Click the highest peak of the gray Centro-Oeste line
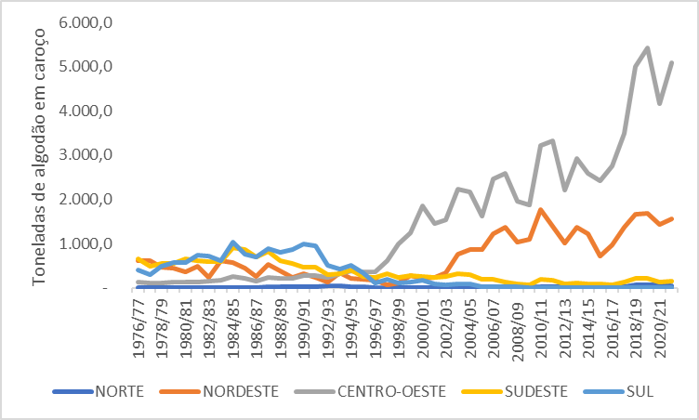pos(647,48)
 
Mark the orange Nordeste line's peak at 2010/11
pos(540,210)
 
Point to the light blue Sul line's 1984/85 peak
pos(233,243)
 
